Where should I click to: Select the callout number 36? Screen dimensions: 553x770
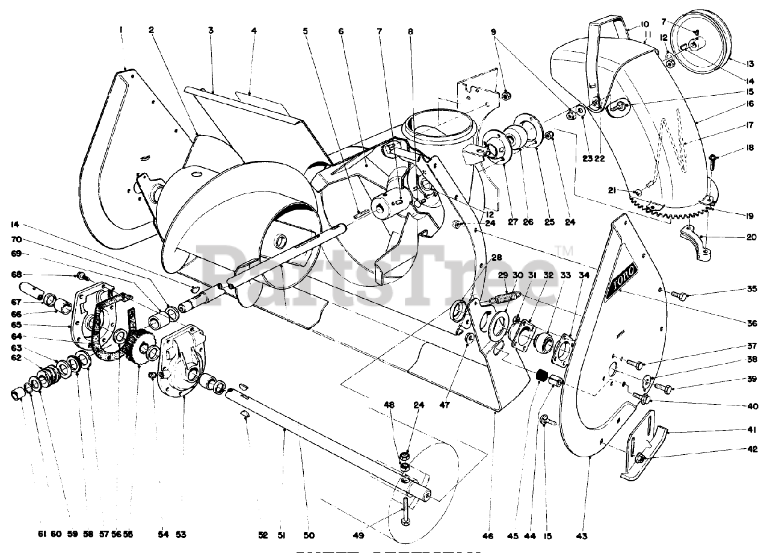[752, 323]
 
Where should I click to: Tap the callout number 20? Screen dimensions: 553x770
[752, 237]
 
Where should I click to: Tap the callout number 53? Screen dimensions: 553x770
[181, 535]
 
